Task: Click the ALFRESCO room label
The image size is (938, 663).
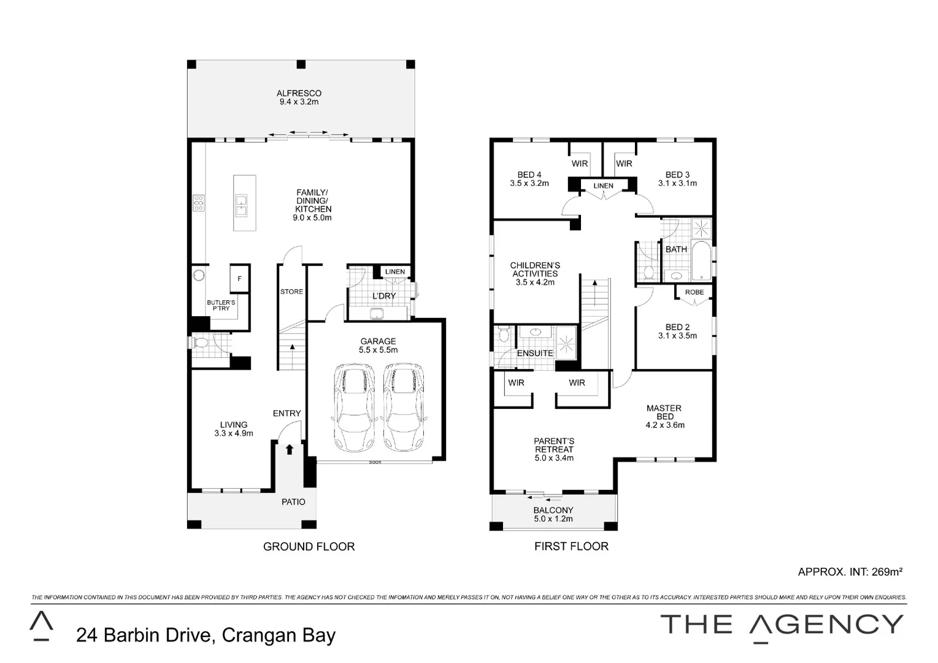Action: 299,93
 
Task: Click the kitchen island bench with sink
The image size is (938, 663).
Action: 244,203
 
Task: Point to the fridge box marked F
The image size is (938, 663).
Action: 239,279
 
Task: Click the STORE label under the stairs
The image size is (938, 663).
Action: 291,292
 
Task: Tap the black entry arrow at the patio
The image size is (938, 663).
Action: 290,449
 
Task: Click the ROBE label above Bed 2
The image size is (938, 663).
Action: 694,292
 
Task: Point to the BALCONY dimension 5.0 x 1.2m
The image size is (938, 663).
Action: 553,519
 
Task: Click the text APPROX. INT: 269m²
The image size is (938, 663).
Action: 850,572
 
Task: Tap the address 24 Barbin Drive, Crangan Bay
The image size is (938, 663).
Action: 206,635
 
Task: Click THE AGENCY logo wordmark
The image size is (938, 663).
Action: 782,625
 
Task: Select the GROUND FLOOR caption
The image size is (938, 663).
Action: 309,546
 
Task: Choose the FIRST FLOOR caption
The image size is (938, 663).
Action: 571,546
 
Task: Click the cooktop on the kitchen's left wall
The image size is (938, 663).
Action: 199,203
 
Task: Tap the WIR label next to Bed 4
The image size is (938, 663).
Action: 579,163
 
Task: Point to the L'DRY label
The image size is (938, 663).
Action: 384,296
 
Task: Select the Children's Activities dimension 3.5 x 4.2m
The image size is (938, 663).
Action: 535,282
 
